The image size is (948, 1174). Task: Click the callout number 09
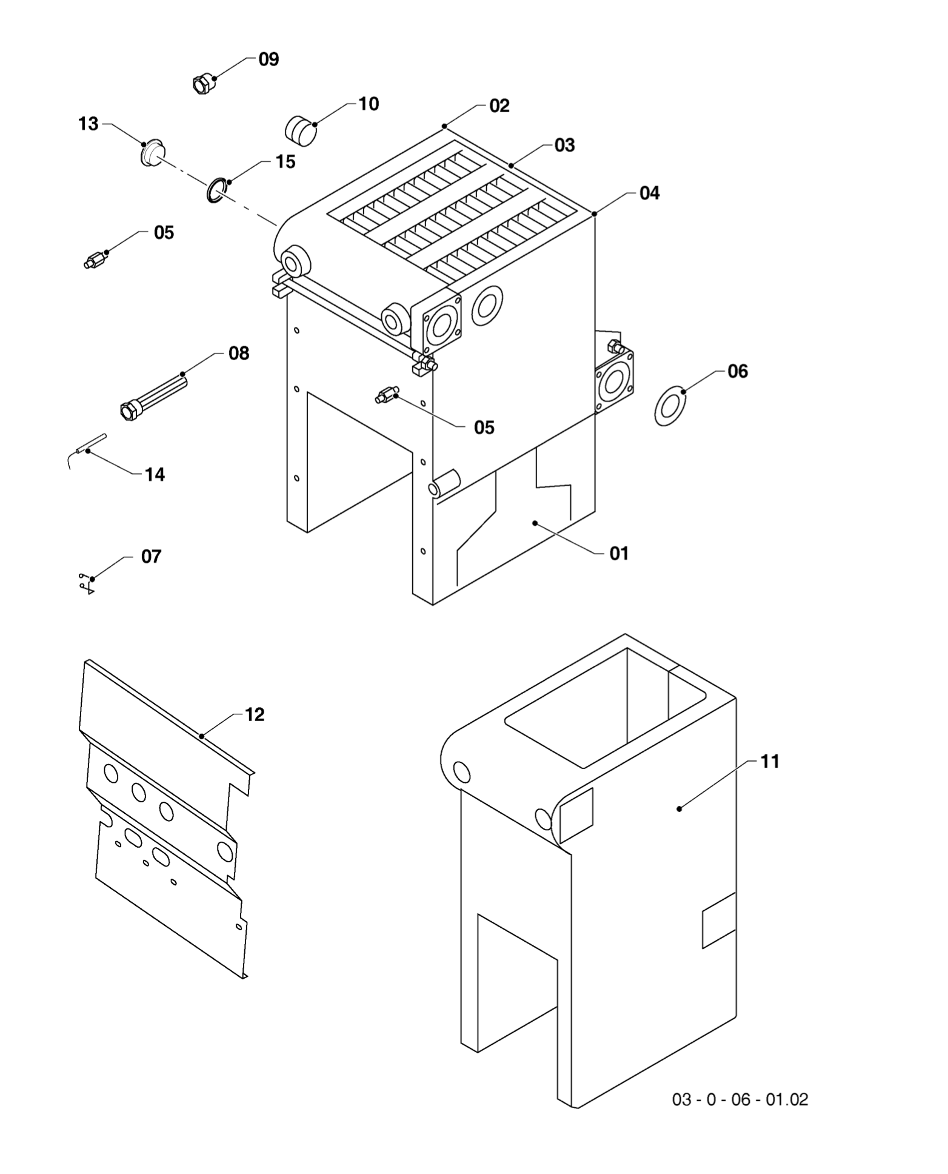point(269,59)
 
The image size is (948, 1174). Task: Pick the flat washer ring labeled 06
point(670,406)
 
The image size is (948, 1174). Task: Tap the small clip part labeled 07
point(86,582)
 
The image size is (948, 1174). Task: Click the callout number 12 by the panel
point(255,714)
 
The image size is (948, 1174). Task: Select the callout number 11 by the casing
point(769,761)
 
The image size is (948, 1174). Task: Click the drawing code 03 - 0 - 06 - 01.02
point(739,1099)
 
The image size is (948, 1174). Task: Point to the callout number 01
point(619,553)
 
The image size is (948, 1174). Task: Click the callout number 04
point(649,193)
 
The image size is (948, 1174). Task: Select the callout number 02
point(499,106)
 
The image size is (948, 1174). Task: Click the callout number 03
point(564,145)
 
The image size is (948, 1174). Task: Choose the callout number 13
point(88,124)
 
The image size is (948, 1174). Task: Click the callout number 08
point(239,353)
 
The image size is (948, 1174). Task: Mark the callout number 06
point(738,371)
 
